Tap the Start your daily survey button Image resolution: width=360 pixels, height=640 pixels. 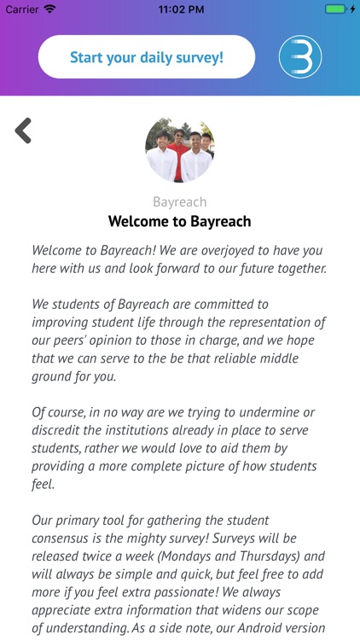coord(147,57)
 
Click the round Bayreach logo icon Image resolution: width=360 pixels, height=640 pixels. coord(300,57)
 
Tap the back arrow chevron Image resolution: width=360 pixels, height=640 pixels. coord(23,131)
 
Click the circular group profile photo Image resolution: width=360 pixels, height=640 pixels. coord(179,150)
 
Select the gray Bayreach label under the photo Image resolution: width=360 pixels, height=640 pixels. coord(179,202)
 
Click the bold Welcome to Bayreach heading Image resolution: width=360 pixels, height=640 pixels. coord(179,222)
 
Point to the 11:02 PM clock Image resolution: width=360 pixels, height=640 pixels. coord(179,9)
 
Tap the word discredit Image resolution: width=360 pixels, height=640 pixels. coord(60,430)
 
